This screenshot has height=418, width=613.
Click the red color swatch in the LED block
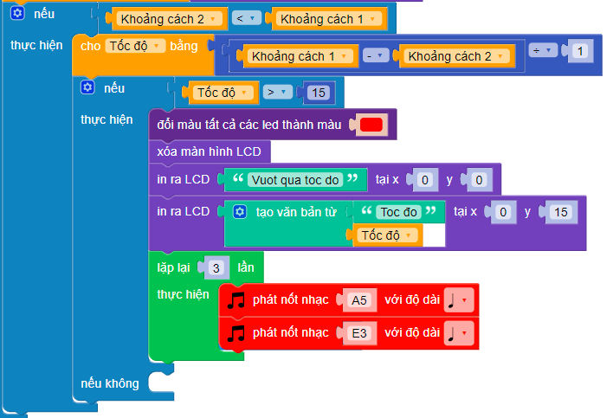371,125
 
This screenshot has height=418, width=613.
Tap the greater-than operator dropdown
278,92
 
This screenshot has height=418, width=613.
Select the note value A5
359,301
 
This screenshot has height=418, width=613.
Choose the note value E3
359,332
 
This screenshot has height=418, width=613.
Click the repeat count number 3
215,267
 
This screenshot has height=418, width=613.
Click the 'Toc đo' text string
399,212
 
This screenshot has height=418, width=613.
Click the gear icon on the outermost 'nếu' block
17,14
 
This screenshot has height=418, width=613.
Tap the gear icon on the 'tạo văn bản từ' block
241,212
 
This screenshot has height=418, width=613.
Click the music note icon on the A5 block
236,300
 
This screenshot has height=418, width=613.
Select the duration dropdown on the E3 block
458,332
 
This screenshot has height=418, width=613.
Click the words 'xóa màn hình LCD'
210,152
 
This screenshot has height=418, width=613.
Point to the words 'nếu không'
109,383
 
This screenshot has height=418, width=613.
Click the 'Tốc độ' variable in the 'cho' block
134,46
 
